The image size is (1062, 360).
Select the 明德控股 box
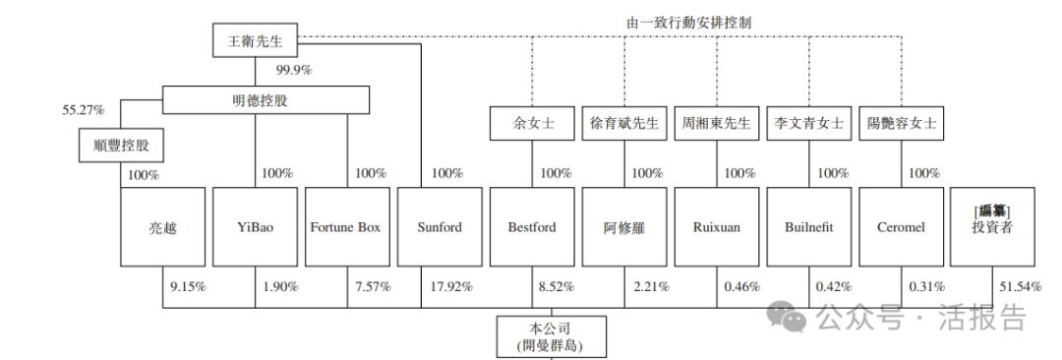point(265,99)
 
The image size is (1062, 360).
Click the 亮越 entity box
point(161,227)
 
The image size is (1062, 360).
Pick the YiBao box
point(256,227)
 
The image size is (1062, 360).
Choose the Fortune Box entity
point(345,227)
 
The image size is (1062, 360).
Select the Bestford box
point(532,227)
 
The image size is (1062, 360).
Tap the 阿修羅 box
point(623,227)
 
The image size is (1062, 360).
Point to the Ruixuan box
point(717,227)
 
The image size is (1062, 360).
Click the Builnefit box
point(809,227)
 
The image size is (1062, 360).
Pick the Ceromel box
point(901,227)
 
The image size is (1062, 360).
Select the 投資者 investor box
point(992,227)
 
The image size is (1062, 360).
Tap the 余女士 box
point(531,124)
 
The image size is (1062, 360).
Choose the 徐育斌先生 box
point(623,124)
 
